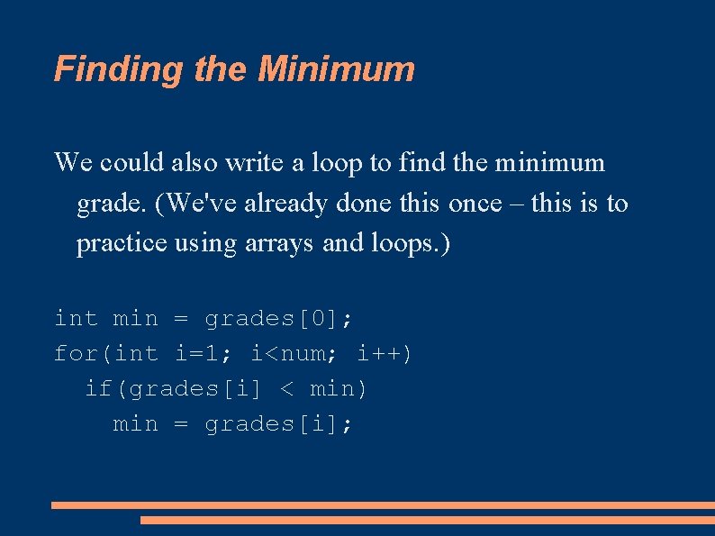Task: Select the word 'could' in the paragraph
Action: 133,163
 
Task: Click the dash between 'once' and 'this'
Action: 517,204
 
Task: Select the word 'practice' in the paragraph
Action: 120,243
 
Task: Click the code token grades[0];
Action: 279,319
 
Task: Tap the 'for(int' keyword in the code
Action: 106,354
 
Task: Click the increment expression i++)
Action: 385,354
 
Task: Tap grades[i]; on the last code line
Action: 279,424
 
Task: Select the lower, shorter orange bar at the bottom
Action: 427,520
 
